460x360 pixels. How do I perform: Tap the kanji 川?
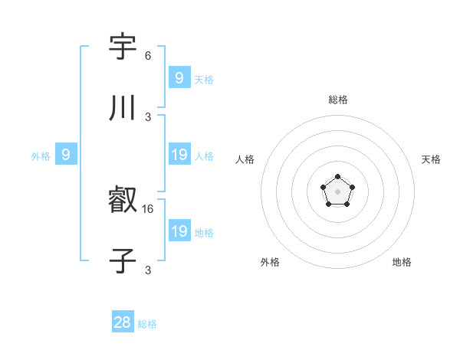pos(123,109)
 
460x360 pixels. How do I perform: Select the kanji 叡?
pos(123,201)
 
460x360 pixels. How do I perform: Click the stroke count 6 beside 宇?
pos(148,56)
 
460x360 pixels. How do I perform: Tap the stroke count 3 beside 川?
pos(148,117)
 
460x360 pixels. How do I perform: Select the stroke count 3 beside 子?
pos(148,270)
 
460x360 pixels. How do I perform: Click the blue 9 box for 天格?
pos(179,78)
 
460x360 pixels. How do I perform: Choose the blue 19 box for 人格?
pos(179,155)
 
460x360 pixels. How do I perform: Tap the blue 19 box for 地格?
pos(179,231)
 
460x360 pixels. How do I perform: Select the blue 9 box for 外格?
pos(66,155)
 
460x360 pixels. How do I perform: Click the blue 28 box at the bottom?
pos(123,322)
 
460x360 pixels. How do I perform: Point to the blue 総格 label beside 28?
pos(147,324)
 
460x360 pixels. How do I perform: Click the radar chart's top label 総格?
pos(338,100)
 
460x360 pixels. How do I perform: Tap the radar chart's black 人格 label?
pos(245,159)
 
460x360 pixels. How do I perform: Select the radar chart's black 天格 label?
pos(431,159)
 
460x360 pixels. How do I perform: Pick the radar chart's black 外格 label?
pos(270,262)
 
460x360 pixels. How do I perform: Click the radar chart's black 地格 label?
pos(402,262)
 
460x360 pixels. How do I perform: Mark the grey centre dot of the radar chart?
pos(337,191)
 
